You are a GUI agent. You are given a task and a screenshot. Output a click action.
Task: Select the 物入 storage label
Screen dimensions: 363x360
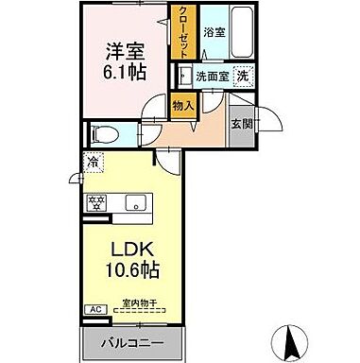tap(183, 108)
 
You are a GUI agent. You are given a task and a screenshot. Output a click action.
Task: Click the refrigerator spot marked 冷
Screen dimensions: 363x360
tap(94, 162)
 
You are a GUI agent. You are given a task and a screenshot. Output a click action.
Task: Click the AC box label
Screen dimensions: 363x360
tap(95, 308)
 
